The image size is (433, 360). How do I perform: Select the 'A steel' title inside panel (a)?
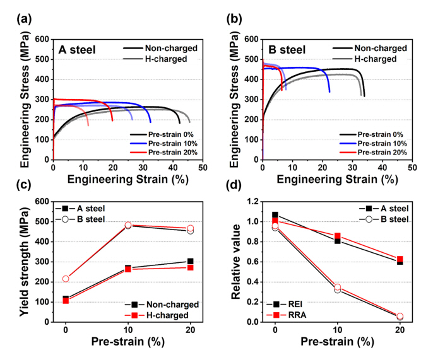click(x=77, y=49)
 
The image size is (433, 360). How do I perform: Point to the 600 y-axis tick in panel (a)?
click(x=42, y=40)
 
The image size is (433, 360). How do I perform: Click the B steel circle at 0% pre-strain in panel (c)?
click(x=66, y=279)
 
